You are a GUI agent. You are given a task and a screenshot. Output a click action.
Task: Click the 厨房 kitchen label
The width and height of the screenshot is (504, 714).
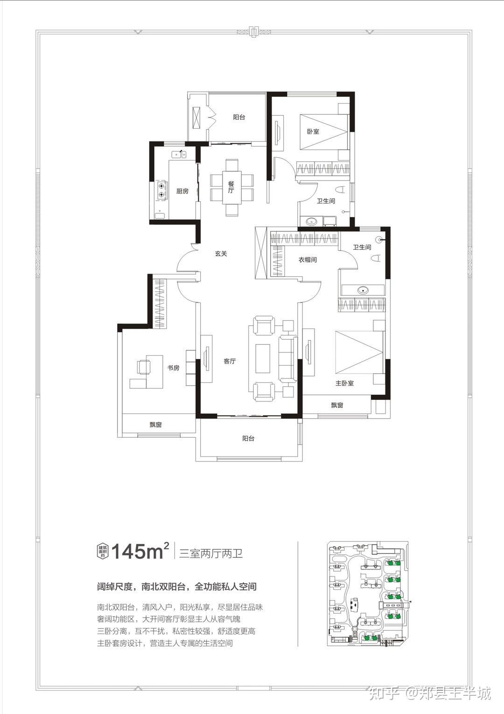point(182,191)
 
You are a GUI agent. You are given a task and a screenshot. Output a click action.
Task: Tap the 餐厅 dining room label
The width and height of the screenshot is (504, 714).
point(231,187)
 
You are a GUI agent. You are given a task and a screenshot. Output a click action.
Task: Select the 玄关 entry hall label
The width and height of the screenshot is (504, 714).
point(221,254)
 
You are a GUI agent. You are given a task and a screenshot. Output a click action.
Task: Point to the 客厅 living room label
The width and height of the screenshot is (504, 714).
point(230,361)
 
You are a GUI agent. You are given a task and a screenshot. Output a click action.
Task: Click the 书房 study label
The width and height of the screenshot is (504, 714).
point(174,368)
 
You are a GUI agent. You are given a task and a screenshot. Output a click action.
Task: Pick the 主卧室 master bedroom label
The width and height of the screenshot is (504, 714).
point(344,383)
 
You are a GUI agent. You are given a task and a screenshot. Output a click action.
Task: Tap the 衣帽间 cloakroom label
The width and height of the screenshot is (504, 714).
point(308,260)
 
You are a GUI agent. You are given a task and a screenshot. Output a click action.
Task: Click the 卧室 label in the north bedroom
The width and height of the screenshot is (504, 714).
point(313,131)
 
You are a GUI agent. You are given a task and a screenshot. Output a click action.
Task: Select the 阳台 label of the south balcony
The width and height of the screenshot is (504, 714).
point(248,438)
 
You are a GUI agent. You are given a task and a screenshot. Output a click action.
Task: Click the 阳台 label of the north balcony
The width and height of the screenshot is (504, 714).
point(239,117)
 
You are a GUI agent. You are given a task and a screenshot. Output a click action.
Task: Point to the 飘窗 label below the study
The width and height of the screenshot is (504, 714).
point(155,425)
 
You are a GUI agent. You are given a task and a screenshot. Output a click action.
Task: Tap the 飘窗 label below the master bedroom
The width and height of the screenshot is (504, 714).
point(337,405)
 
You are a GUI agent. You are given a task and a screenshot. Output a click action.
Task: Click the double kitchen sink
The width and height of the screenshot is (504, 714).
point(179,155)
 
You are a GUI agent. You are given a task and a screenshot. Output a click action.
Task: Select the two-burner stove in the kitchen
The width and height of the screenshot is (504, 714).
point(161,190)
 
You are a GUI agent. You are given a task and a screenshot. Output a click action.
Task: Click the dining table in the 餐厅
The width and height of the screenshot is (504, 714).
point(231,188)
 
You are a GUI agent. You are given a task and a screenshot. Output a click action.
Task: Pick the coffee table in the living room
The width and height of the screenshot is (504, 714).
point(263,358)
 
